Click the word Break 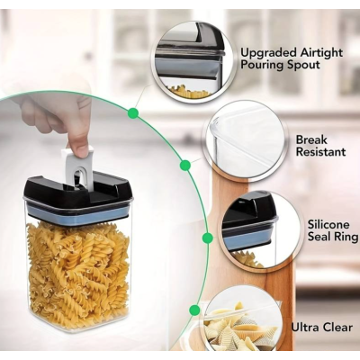point(311,139)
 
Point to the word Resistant point(321,151)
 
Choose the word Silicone point(328,225)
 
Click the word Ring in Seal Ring point(346,237)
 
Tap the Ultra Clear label point(321,327)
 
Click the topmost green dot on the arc point(133,113)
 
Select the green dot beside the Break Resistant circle point(185,165)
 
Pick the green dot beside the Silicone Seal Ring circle point(208,238)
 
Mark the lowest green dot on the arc point(194,310)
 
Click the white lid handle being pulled point(77,167)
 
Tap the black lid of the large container point(79,192)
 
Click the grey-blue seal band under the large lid point(77,212)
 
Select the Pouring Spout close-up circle point(193,62)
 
